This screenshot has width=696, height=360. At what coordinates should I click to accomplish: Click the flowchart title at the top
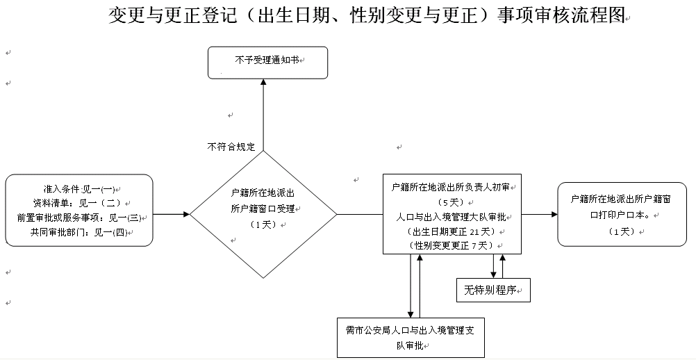pos(367,17)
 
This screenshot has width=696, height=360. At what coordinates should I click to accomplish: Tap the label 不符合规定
pos(231,147)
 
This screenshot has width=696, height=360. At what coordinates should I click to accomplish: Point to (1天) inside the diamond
pos(263,224)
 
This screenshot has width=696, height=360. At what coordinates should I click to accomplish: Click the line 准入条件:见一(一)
pos(78,189)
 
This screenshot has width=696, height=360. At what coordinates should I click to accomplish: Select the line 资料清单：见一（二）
pos(78,202)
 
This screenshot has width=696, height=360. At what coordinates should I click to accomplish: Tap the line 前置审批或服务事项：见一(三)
pos(78,217)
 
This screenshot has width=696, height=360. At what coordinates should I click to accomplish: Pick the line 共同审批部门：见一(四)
pos(78,231)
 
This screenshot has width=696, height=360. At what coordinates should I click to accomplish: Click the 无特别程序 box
pos(492,289)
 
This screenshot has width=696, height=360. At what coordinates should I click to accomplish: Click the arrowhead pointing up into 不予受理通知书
pos(263,82)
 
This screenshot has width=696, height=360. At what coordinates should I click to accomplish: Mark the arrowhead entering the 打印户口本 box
pos(554,214)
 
